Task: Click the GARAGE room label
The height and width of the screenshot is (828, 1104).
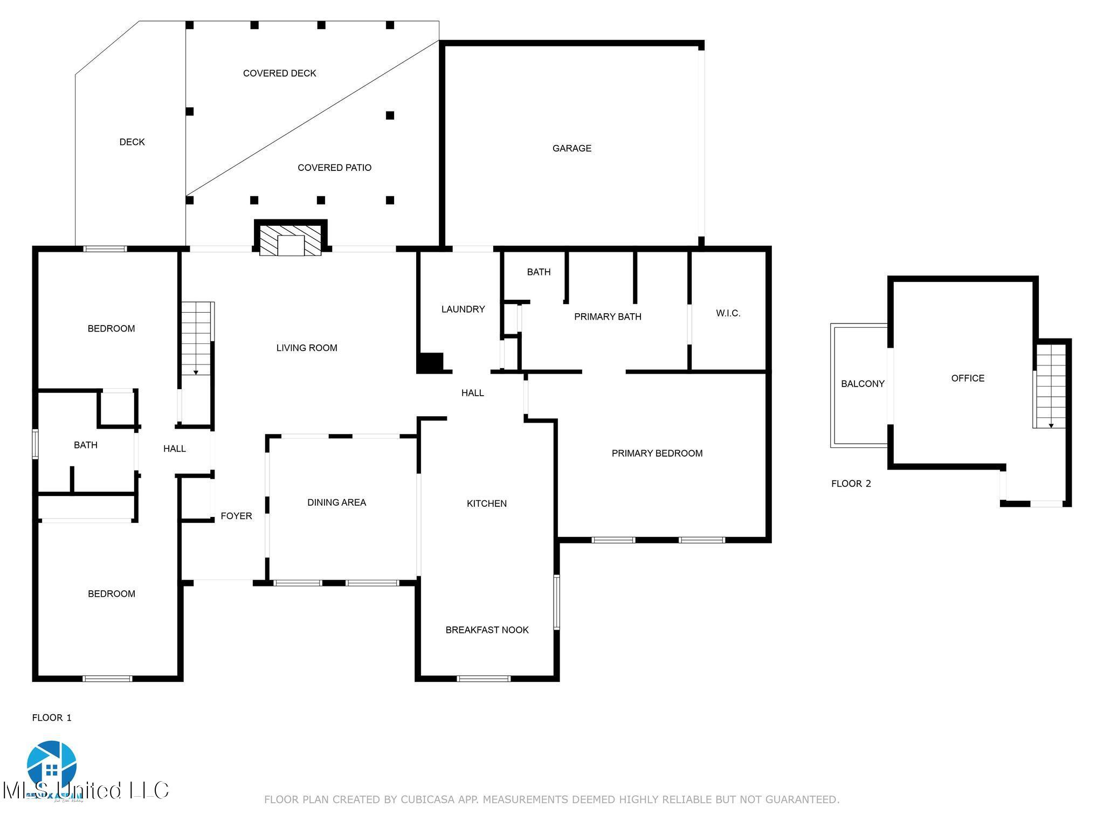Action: [x=571, y=148]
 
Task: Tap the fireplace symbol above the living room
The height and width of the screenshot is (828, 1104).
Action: [x=291, y=239]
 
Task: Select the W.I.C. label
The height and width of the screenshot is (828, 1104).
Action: [x=728, y=313]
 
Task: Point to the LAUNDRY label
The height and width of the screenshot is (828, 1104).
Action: [x=463, y=309]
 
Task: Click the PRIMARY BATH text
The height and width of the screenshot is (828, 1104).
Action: [x=608, y=316]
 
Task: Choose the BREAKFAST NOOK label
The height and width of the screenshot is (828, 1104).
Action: [x=487, y=630]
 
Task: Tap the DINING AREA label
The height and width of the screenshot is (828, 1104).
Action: [x=336, y=502]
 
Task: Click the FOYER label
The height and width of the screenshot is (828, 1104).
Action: [x=236, y=516]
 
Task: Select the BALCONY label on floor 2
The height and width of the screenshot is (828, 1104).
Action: [x=862, y=384]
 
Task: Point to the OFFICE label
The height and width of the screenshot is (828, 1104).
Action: [x=968, y=378]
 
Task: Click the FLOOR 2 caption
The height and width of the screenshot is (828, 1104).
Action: [x=851, y=484]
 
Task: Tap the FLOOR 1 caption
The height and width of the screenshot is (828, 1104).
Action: [x=52, y=717]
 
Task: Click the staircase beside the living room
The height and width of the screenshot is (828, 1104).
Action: [x=196, y=339]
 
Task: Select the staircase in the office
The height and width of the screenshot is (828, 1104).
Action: [x=1051, y=385]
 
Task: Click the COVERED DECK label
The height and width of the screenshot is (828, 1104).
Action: [x=279, y=73]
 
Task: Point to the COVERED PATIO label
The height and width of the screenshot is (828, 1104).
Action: [x=334, y=168]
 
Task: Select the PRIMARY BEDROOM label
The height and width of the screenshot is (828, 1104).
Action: [x=657, y=453]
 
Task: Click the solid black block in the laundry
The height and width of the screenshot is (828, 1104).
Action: [x=431, y=362]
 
